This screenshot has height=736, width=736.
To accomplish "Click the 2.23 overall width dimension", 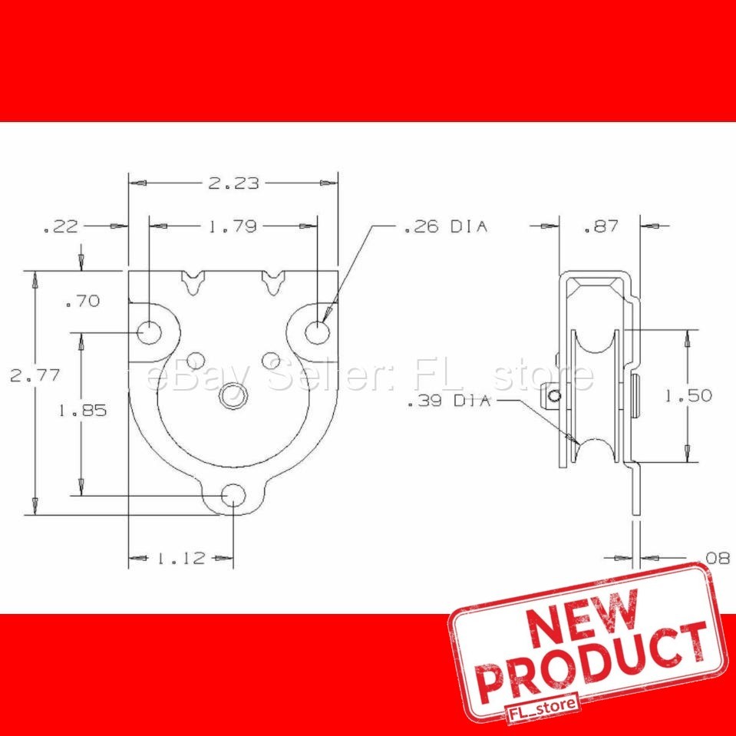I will click(x=233, y=183).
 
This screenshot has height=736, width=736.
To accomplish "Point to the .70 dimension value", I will click(x=82, y=302).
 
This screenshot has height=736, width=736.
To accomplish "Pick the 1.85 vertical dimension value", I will click(x=83, y=411).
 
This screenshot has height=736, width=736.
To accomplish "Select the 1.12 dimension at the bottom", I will click(x=181, y=558).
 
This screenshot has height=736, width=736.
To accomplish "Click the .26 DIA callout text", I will click(x=445, y=226).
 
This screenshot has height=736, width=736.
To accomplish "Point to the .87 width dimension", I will click(x=600, y=226).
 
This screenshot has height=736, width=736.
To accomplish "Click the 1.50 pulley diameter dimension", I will click(x=688, y=396).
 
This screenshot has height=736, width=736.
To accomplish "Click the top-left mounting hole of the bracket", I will click(x=150, y=332).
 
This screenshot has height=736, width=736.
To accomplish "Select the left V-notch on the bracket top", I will click(x=196, y=282).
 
